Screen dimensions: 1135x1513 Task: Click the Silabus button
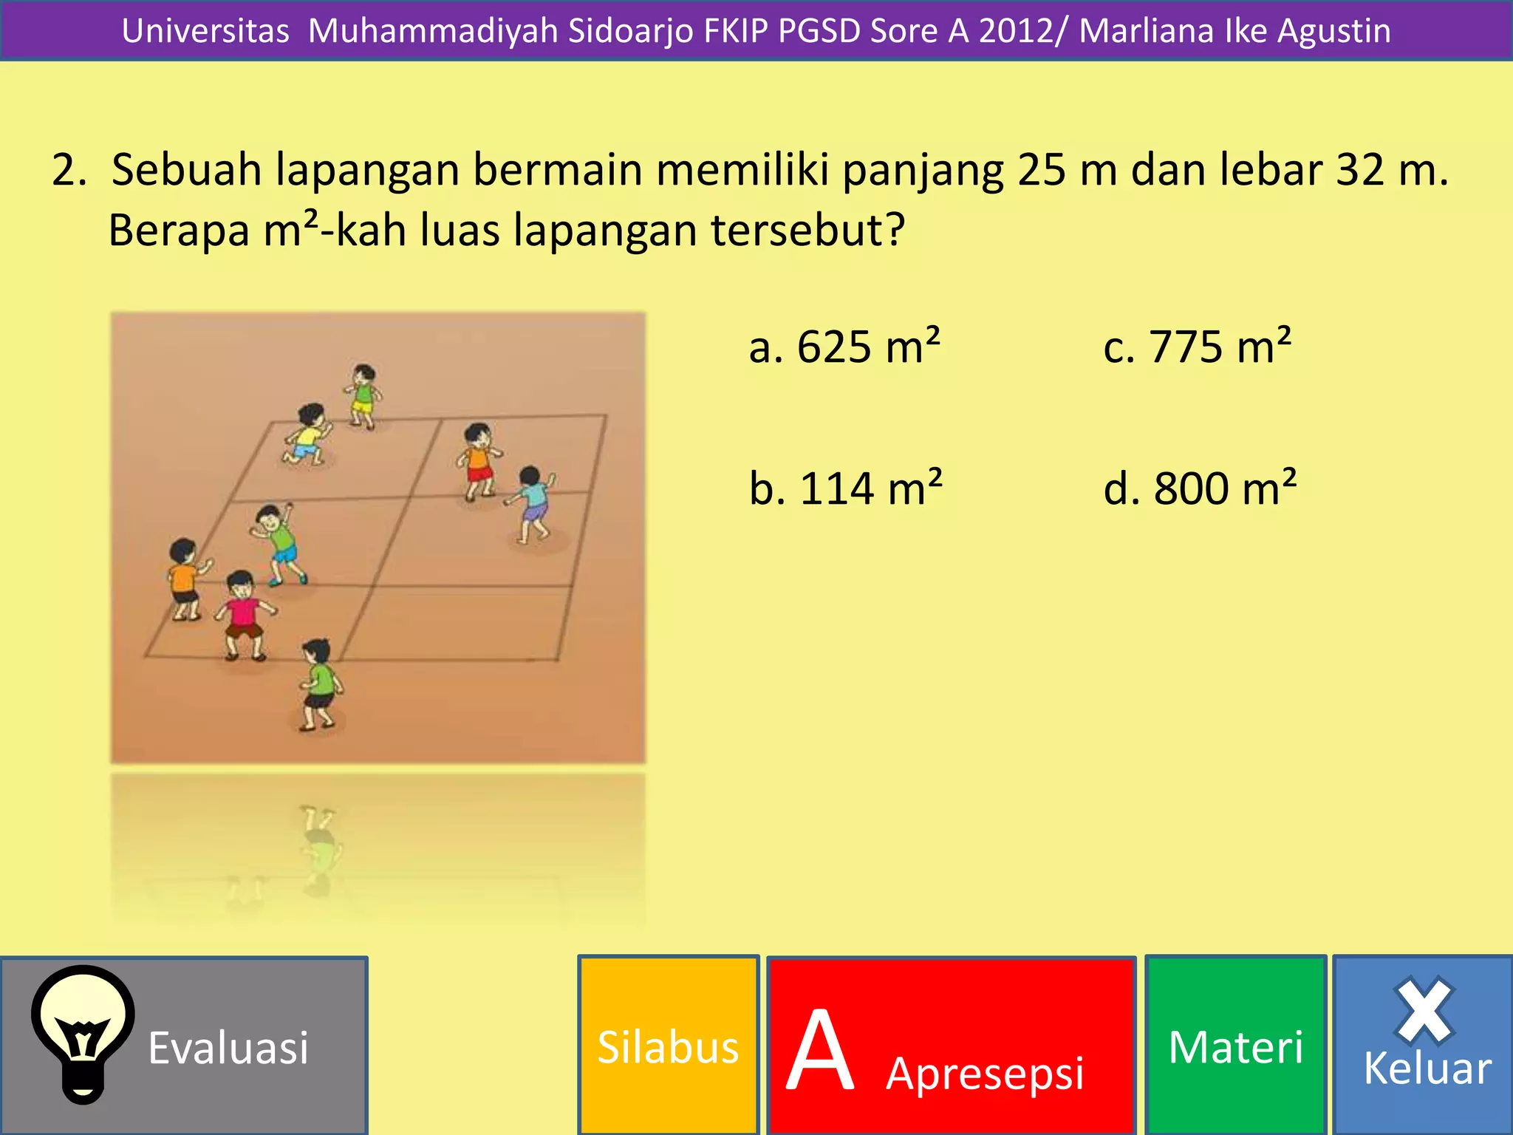tap(668, 1046)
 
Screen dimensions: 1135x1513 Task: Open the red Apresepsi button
tap(952, 1046)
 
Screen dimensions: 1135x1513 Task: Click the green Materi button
tap(1235, 1046)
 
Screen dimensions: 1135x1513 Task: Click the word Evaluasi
tap(228, 1048)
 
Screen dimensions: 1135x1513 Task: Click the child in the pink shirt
tap(243, 615)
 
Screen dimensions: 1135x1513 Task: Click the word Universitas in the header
tap(205, 31)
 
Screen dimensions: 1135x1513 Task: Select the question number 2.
tap(68, 169)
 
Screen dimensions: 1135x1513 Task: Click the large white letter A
tap(820, 1049)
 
